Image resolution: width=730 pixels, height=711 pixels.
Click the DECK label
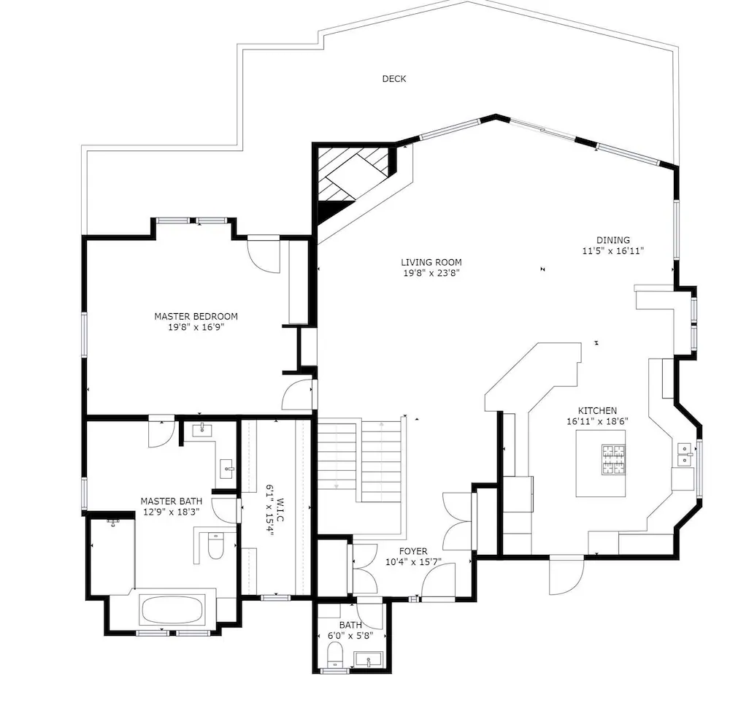click(394, 79)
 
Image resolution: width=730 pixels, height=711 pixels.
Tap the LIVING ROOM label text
click(431, 262)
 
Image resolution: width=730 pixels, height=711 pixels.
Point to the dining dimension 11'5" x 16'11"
click(612, 251)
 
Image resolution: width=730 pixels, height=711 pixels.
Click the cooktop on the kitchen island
click(613, 460)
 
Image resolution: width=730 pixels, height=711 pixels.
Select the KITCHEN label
click(597, 411)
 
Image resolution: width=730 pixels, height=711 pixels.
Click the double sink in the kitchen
click(685, 454)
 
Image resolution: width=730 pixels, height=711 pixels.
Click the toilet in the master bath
click(215, 545)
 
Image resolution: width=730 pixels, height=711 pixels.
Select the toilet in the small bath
click(335, 654)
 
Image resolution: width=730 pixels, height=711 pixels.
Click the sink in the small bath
click(368, 659)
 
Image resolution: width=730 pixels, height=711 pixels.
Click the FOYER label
click(413, 551)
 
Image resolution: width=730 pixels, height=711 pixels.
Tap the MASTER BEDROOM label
click(196, 316)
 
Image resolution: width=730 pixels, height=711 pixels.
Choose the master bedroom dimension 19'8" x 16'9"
click(196, 327)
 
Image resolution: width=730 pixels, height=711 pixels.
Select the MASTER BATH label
click(172, 501)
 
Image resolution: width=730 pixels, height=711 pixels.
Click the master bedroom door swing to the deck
click(264, 254)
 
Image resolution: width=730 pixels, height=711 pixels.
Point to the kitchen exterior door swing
click(566, 575)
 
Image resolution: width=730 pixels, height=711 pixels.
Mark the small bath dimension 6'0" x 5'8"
click(350, 636)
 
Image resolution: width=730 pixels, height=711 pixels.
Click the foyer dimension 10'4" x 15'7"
click(413, 562)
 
